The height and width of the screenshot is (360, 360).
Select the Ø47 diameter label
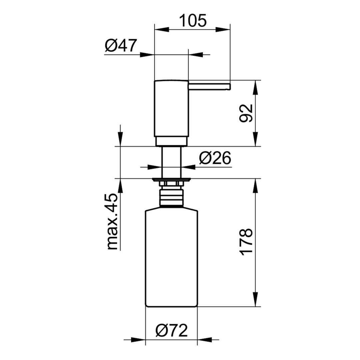[x=121, y=45]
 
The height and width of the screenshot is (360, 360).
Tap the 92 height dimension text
[x=246, y=113]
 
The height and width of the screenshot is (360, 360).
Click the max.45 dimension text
[x=112, y=221]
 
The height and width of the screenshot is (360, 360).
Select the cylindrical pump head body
[x=171, y=108]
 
